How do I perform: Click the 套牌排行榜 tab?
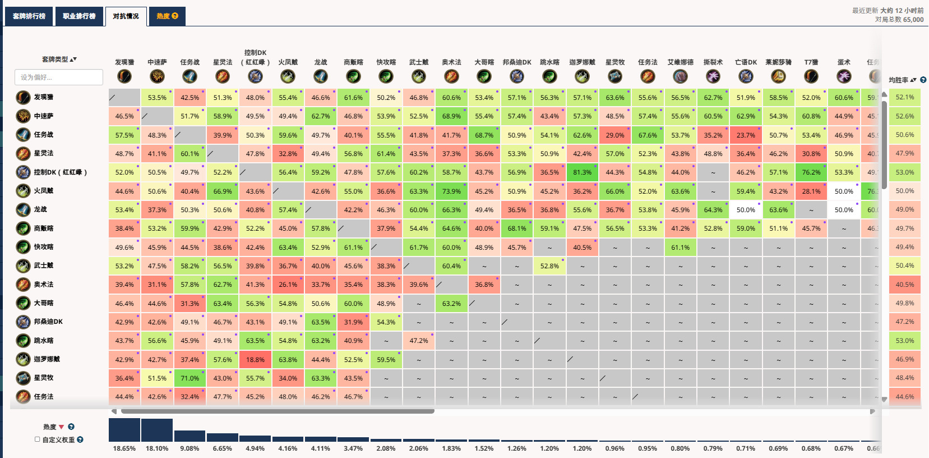(x=29, y=16)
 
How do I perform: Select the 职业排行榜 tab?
(x=79, y=16)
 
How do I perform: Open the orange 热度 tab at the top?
(x=167, y=16)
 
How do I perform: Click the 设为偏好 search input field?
(x=59, y=77)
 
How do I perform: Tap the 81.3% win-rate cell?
(x=582, y=172)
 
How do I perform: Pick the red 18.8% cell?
(x=255, y=360)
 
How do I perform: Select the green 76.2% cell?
(x=811, y=172)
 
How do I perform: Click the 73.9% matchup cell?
(x=451, y=191)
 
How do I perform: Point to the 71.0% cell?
(x=190, y=378)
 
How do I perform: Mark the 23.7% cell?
(x=746, y=135)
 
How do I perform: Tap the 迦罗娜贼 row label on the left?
(x=47, y=359)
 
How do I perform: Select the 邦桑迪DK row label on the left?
(x=48, y=322)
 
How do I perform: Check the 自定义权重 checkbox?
(x=38, y=439)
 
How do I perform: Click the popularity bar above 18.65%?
(x=124, y=430)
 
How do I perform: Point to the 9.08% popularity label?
(x=190, y=448)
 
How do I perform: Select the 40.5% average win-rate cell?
(x=904, y=285)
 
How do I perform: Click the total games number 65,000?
(x=913, y=20)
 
